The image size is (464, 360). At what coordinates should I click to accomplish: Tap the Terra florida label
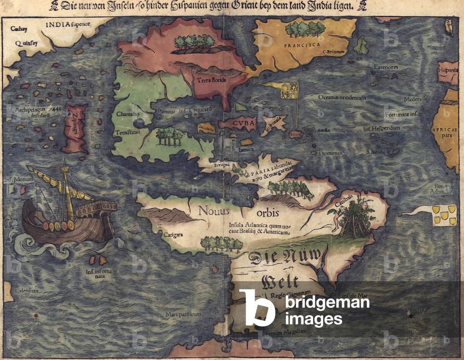click(212, 81)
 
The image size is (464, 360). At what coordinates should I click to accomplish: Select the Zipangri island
click(75, 128)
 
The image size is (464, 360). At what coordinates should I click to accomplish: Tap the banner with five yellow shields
click(442, 213)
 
